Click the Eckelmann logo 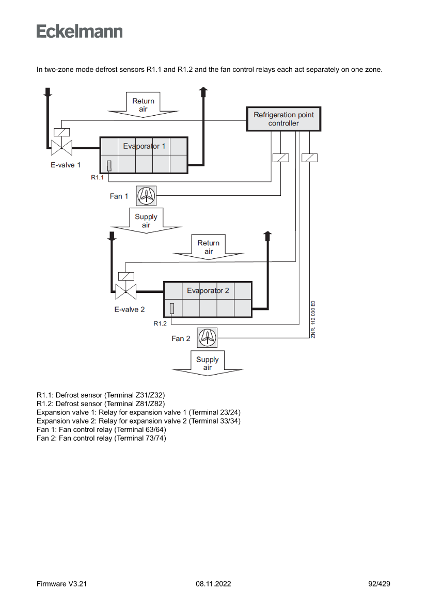click(x=80, y=32)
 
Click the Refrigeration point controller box click(x=283, y=119)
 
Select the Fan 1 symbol click(x=147, y=196)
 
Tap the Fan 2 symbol click(x=208, y=338)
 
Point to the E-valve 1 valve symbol click(x=61, y=148)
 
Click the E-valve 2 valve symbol click(x=125, y=292)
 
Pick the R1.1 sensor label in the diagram click(x=98, y=177)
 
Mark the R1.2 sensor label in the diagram click(x=160, y=323)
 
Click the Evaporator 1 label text click(x=144, y=146)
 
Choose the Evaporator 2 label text click(x=208, y=290)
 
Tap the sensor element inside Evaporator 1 click(x=109, y=165)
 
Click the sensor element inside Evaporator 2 click(x=172, y=308)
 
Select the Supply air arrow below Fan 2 click(x=208, y=364)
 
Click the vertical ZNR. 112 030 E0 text click(x=313, y=320)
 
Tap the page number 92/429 click(x=379, y=584)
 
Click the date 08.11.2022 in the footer click(x=213, y=584)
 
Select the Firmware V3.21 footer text click(x=61, y=584)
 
